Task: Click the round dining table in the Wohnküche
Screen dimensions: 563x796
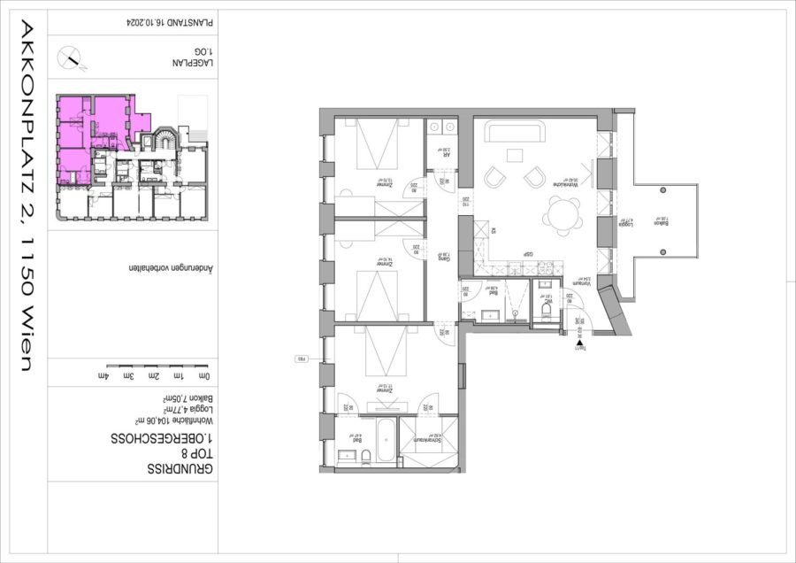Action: [x=562, y=213]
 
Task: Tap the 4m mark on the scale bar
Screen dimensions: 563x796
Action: [x=107, y=376]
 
